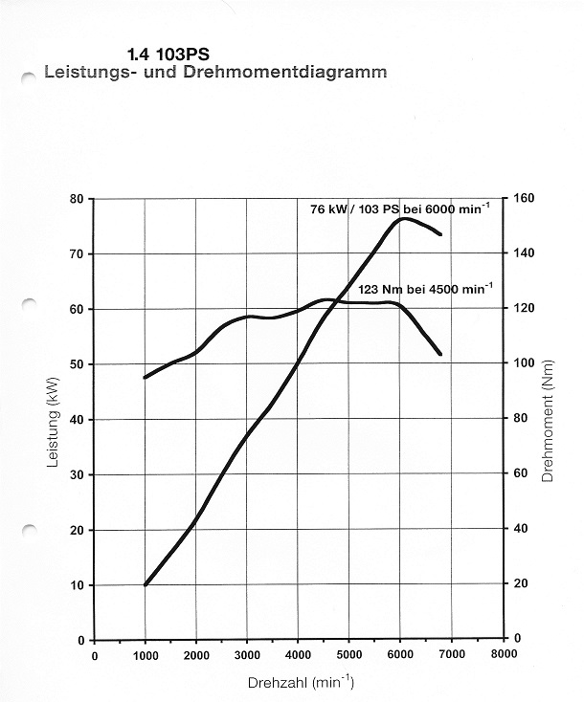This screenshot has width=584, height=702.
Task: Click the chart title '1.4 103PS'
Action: tap(168, 55)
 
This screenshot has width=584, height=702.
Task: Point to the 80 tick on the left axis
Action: tap(78, 198)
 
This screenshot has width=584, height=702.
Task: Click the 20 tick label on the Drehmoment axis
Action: tap(523, 583)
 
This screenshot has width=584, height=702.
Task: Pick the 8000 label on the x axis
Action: tap(503, 655)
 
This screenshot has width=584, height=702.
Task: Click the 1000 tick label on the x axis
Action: tap(145, 655)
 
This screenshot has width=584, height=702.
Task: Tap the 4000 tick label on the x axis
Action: tap(298, 655)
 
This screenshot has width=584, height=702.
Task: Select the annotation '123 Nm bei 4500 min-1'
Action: tap(427, 288)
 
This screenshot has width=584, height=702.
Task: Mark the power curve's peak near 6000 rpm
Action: tap(403, 219)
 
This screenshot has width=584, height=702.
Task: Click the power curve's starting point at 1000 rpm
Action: tap(146, 584)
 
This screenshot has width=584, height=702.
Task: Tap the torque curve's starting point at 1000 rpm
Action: tap(146, 377)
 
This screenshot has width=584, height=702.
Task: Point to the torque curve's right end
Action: tap(439, 354)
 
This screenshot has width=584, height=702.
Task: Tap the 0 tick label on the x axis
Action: tap(94, 655)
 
